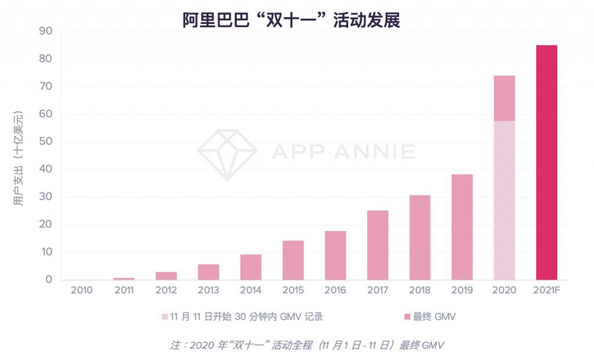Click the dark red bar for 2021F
click(x=546, y=162)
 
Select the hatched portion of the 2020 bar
click(x=504, y=200)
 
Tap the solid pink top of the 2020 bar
click(x=504, y=98)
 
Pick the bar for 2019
click(x=462, y=227)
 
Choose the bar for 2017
click(x=378, y=245)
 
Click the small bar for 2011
click(x=124, y=279)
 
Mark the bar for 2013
click(x=208, y=272)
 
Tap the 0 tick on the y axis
click(x=49, y=280)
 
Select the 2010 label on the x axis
click(x=81, y=290)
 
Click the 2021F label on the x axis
click(x=546, y=290)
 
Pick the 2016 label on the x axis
click(x=335, y=290)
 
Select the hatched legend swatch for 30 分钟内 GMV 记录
click(x=165, y=317)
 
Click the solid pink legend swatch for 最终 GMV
click(x=408, y=317)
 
